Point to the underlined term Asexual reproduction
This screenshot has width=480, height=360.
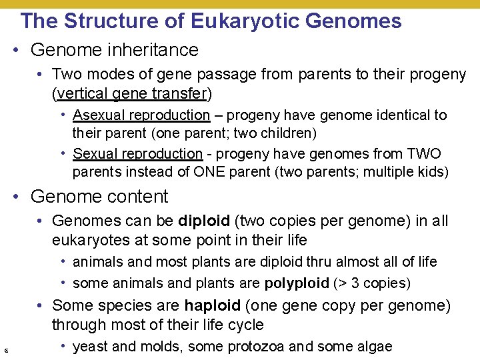click(x=141, y=115)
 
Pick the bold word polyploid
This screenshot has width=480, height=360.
click(x=296, y=283)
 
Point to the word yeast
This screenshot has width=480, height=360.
click(x=89, y=347)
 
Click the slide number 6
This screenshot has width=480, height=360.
click(x=6, y=350)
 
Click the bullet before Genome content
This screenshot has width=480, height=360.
click(x=21, y=197)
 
